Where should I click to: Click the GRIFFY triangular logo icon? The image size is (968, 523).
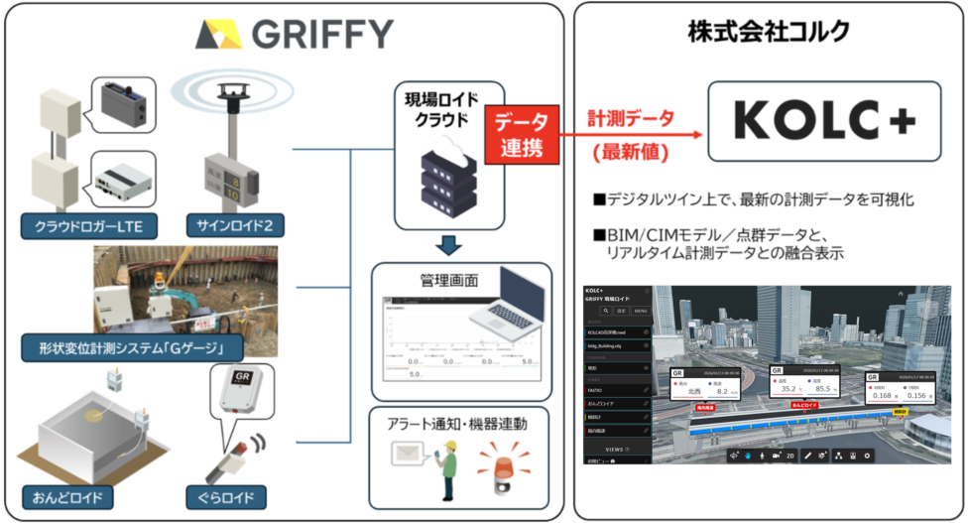[x=219, y=35]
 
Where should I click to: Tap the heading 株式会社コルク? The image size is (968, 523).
[x=769, y=31]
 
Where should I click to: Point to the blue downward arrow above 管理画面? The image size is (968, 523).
[x=450, y=245]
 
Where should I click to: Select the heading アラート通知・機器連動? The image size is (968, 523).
[x=458, y=424]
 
